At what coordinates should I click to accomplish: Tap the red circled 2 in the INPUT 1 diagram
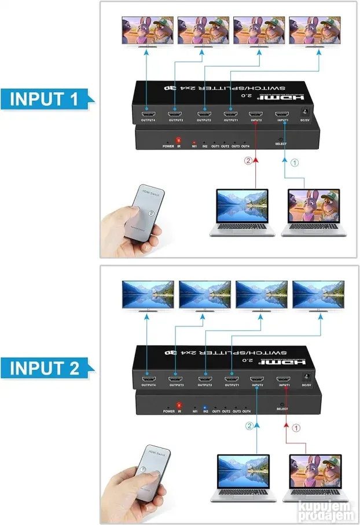[x=248, y=161]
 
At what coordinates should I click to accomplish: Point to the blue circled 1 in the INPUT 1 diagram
[x=295, y=163]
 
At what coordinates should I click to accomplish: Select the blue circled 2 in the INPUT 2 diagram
[x=249, y=427]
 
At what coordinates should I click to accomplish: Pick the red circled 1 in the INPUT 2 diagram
[x=296, y=429]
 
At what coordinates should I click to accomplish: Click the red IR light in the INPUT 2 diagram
[x=179, y=405]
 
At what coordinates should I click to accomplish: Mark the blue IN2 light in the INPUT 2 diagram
[x=205, y=407]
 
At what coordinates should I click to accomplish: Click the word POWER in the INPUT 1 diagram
[x=168, y=146]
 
